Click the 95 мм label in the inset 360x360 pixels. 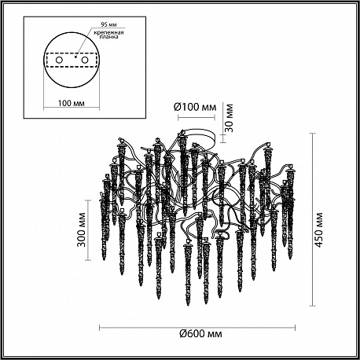108,24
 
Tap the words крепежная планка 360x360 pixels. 108,35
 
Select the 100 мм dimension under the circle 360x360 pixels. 72,103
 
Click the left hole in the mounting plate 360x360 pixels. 59,61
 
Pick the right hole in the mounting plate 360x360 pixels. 84,61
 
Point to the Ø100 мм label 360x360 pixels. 195,107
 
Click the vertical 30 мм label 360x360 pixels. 229,118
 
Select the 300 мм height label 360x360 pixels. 82,230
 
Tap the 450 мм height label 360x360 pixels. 318,230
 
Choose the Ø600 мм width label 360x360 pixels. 200,334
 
